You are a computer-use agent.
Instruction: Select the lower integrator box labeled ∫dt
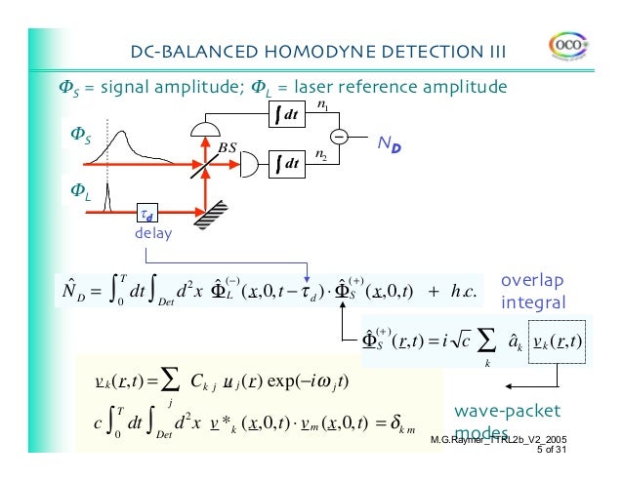click(x=285, y=163)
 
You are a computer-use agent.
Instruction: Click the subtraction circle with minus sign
click(x=338, y=137)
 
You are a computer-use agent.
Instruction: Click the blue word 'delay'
click(x=153, y=234)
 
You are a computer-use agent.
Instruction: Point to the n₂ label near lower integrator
click(x=321, y=153)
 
